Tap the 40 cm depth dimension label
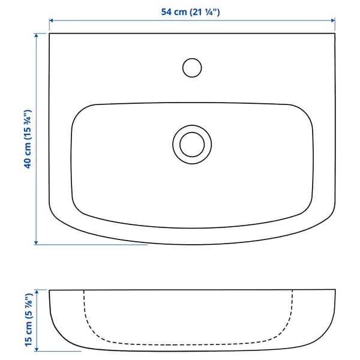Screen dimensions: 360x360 tap(26, 139)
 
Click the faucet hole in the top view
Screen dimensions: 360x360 tap(191, 67)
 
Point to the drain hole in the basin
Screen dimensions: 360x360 tap(192, 144)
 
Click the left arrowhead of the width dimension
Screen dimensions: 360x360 tap(52, 20)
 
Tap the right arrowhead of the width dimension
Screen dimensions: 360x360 tap(332, 20)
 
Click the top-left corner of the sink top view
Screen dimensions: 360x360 tap(50, 34)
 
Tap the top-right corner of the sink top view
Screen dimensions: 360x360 tap(334, 34)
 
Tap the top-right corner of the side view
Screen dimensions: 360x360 tap(334, 291)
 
